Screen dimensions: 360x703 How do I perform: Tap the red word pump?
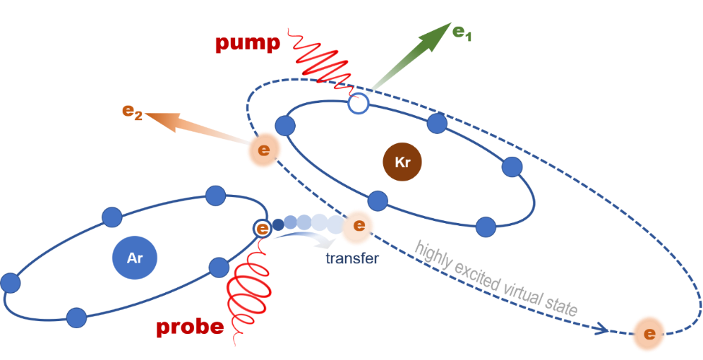(x=248, y=44)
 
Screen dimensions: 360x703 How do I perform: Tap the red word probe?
(x=190, y=328)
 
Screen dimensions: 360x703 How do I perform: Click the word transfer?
(x=352, y=258)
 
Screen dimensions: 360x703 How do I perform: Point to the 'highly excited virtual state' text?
(x=497, y=278)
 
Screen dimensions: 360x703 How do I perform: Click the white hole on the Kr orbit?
(x=359, y=104)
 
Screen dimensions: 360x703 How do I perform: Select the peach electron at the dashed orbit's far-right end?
(x=649, y=334)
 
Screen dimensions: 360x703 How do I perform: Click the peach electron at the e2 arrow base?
(x=264, y=150)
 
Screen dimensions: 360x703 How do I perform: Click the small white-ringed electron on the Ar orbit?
(x=262, y=228)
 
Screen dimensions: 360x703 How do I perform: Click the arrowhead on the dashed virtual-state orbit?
(x=601, y=328)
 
